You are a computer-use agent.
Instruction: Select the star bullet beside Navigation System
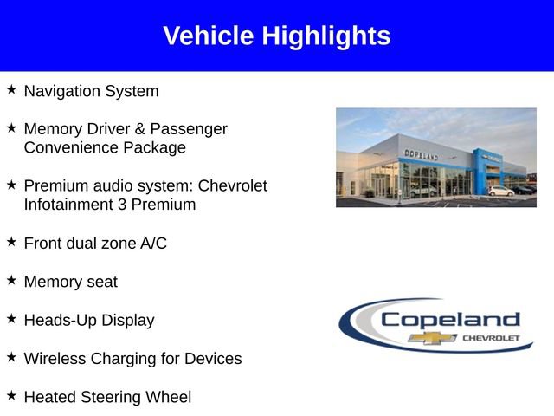click(11, 89)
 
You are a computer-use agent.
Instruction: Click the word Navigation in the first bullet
click(62, 91)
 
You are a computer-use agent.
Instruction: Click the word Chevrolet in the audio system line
click(233, 186)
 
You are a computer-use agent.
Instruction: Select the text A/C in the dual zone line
click(153, 244)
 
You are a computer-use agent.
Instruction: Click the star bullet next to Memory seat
click(11, 280)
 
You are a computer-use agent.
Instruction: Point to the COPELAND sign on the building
click(421, 154)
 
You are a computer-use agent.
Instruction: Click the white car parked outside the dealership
click(500, 191)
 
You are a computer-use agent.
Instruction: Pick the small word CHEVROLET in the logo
click(491, 337)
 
